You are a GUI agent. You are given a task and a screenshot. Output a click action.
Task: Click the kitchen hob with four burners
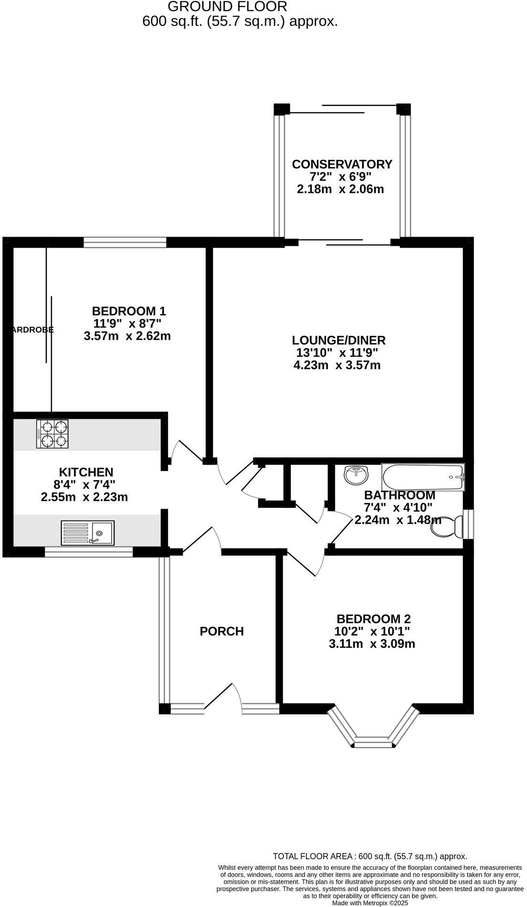(53, 433)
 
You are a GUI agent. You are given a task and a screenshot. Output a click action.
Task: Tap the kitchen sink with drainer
(88, 532)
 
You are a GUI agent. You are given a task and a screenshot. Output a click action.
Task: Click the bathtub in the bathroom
(423, 477)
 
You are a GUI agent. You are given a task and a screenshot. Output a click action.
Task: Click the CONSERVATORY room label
(342, 164)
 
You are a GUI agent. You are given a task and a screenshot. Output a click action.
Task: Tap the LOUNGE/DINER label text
(338, 340)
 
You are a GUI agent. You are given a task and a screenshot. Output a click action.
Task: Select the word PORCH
(221, 631)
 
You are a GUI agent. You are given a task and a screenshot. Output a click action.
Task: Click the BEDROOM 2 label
(373, 619)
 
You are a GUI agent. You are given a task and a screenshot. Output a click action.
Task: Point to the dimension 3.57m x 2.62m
(127, 336)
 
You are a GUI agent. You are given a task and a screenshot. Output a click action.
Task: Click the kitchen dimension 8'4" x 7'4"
(84, 485)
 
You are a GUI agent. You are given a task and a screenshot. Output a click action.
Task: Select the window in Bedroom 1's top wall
(125, 242)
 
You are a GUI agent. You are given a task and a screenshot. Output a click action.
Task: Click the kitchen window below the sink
(89, 552)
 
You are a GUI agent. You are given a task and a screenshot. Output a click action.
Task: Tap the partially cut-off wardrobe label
(32, 330)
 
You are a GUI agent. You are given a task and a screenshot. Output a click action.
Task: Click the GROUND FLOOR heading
(228, 7)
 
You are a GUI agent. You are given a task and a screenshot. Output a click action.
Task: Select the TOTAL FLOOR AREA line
(369, 856)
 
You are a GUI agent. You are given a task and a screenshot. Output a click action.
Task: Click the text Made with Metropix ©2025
(369, 903)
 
